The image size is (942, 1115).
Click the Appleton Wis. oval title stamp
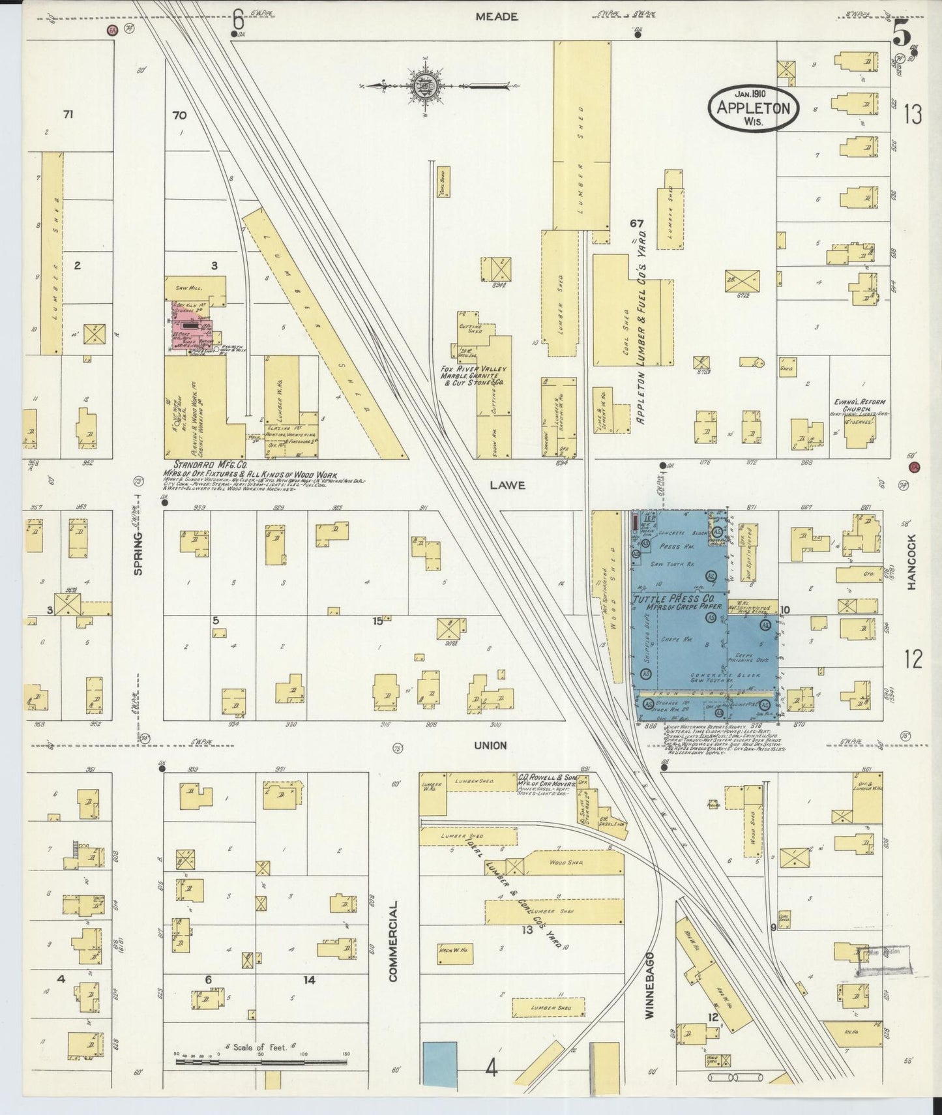(754, 108)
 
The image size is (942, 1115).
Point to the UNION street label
(490, 745)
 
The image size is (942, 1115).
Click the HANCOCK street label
(912, 562)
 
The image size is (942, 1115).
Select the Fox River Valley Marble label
(473, 376)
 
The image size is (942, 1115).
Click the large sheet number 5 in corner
(901, 33)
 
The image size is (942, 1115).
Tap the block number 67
(636, 224)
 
